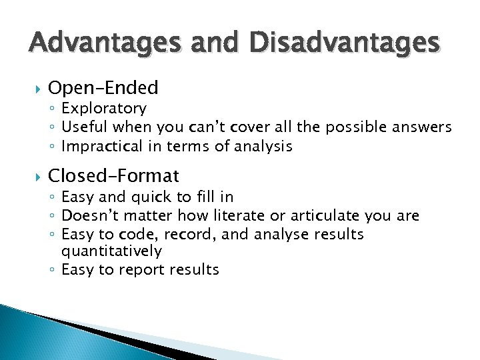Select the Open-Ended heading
pyautogui.click(x=103, y=87)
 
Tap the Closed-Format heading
pyautogui.click(x=114, y=175)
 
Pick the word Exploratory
pyautogui.click(x=103, y=108)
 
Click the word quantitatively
pyautogui.click(x=111, y=251)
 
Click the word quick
pyautogui.click(x=157, y=197)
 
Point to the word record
pyautogui.click(x=193, y=234)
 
